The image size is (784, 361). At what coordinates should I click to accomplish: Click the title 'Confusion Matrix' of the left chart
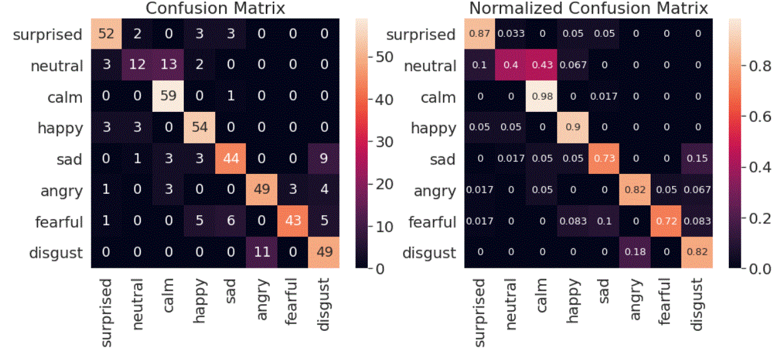pos(215,8)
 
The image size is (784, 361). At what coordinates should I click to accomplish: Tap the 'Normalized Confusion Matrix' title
pos(588,8)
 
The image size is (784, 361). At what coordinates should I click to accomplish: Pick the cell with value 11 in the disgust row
pos(262,253)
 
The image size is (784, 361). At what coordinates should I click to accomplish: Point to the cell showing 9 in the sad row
pos(324,160)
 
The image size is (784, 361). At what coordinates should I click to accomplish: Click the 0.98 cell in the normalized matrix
pos(542,97)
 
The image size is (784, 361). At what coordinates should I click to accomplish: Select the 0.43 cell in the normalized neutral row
pos(542,66)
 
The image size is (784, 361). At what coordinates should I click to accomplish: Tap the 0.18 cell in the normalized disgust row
pos(636,253)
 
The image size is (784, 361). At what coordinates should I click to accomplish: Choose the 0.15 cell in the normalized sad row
pos(698,160)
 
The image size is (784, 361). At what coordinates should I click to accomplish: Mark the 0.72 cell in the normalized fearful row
pos(667,222)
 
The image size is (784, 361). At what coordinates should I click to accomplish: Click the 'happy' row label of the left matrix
pos(60,128)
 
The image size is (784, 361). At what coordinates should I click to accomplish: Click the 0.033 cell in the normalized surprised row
pos(511,34)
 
